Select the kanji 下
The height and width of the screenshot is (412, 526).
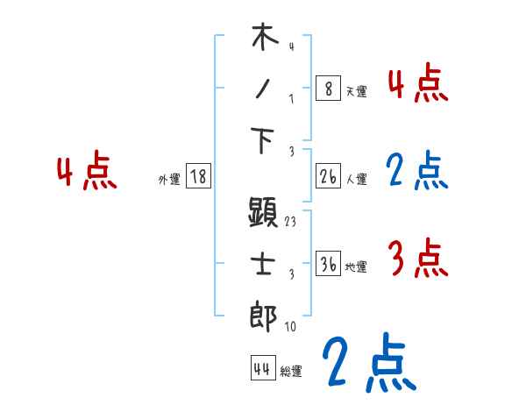pos(264,140)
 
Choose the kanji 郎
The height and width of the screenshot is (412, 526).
pos(264,316)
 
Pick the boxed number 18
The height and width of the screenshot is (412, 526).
pos(198,177)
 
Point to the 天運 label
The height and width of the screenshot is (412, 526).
pos(356,91)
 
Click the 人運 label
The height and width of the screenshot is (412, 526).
pos(356,180)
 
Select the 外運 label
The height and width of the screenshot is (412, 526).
pos(169,180)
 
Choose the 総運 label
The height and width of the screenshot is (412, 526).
pos(291,372)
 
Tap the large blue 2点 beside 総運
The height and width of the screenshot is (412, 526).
pos(367,363)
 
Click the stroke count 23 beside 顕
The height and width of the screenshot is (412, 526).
pos(291,222)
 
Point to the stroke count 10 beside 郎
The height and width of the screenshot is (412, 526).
pos(291,326)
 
